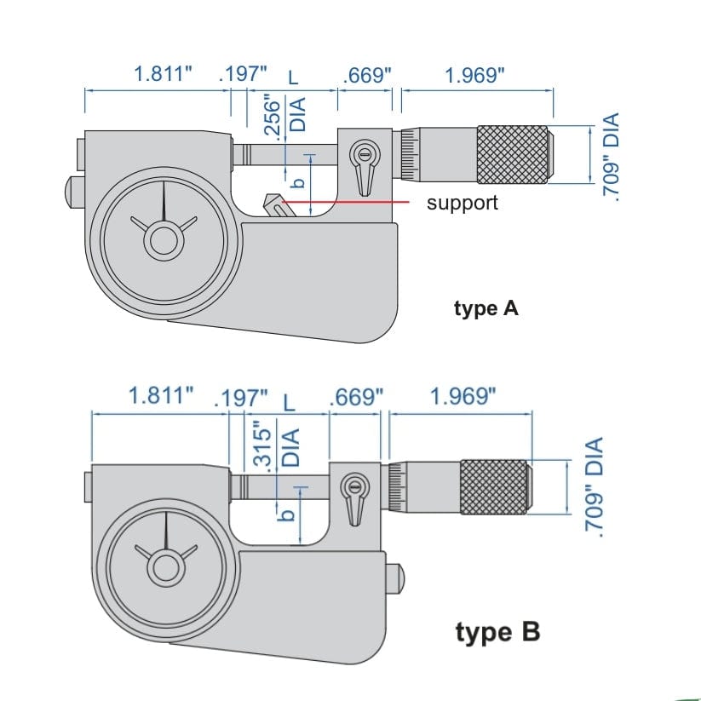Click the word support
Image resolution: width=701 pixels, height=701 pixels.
tap(462, 203)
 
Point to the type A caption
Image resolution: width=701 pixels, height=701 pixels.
tap(486, 308)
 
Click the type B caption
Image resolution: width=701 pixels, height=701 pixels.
tap(497, 633)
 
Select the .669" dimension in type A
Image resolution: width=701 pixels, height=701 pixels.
tap(366, 75)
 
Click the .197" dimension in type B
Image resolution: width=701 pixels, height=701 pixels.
tap(243, 398)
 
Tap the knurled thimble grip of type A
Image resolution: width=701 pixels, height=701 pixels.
tap(512, 154)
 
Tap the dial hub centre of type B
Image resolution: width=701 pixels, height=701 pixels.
tap(167, 566)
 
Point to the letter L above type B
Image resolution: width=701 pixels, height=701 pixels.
tap(288, 400)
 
